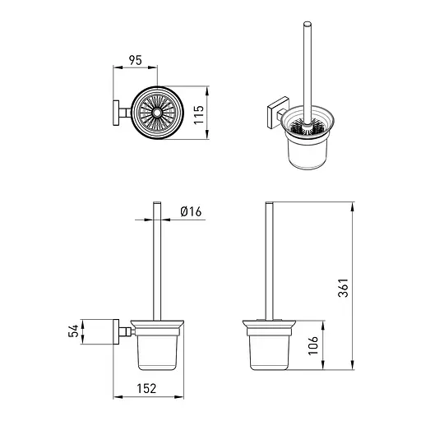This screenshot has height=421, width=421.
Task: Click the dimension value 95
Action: [x=136, y=60]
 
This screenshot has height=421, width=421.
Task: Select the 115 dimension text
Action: [x=199, y=114]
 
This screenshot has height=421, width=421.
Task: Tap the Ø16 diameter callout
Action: [x=191, y=211]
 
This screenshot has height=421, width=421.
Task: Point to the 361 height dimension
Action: [x=343, y=288]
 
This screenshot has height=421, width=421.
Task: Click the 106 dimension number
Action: [x=313, y=346]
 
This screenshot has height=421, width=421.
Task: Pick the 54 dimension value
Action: [x=73, y=331]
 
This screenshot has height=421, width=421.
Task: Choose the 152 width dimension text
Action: [x=146, y=388]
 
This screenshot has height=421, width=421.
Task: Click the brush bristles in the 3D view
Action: [x=307, y=128]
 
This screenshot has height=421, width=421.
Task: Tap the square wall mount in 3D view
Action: [x=277, y=113]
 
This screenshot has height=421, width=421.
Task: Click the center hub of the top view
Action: [x=157, y=113]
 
